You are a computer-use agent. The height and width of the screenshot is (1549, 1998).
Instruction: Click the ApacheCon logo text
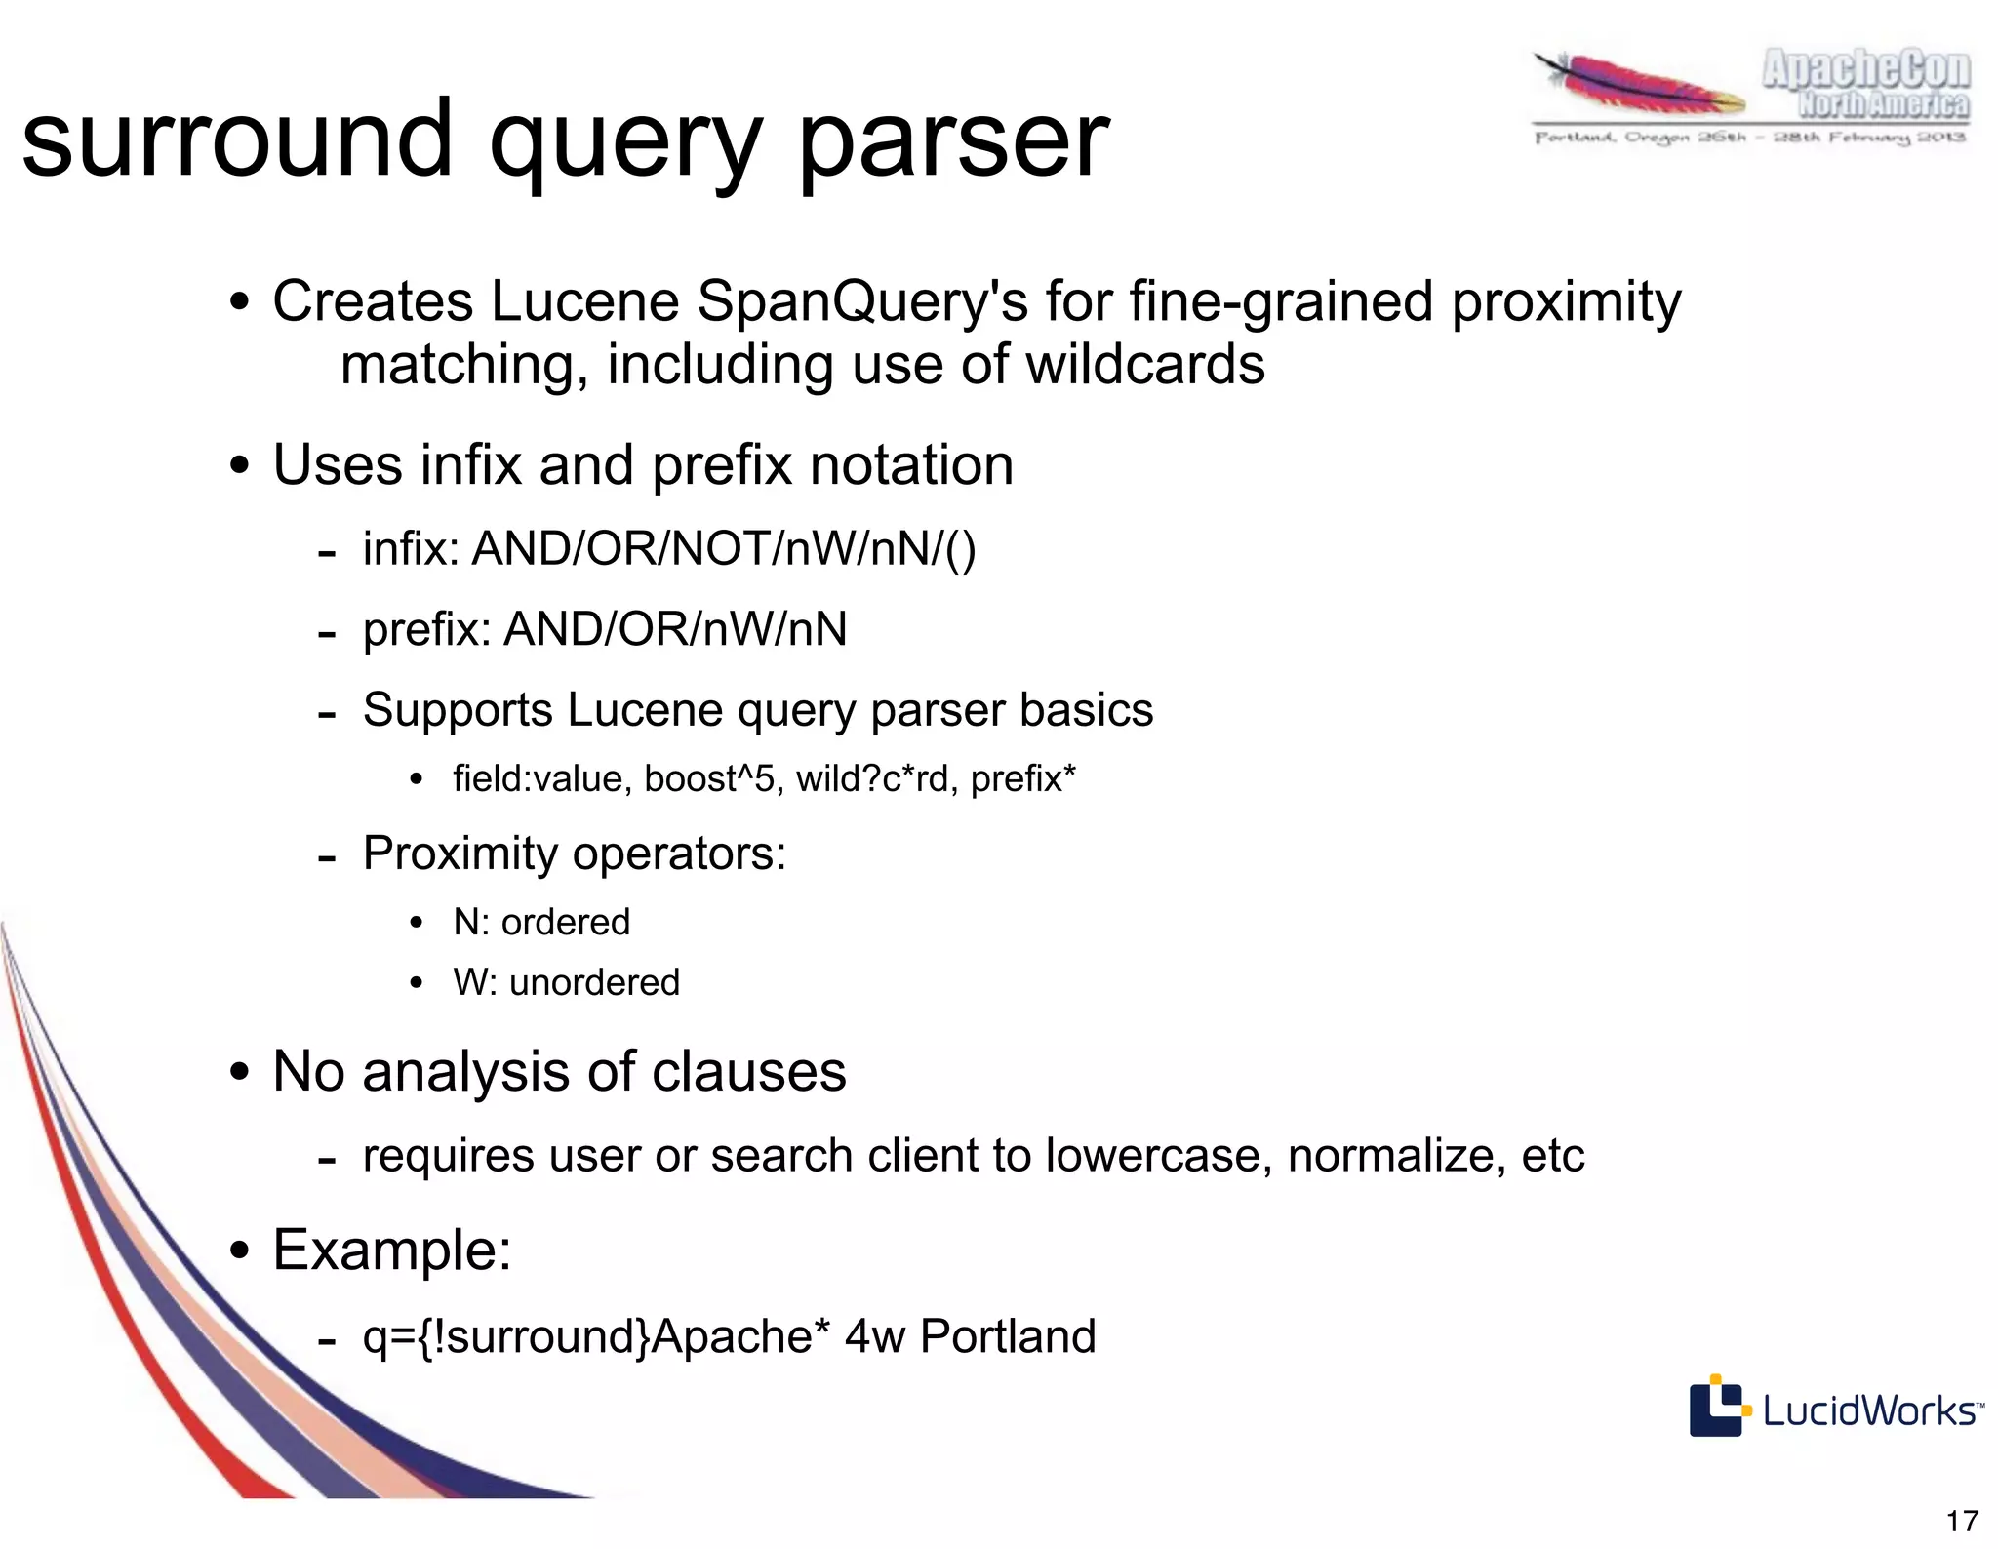click(1865, 70)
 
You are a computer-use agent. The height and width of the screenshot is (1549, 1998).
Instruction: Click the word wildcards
click(1145, 365)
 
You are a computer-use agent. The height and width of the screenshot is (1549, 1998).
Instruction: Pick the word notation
click(911, 464)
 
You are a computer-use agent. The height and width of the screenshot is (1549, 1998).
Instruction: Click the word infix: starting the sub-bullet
click(411, 548)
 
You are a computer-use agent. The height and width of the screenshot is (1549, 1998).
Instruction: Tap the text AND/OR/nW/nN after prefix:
click(675, 629)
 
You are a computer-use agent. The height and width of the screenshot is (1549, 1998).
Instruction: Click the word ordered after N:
click(566, 922)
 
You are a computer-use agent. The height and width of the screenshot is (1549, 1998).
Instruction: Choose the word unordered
click(594, 982)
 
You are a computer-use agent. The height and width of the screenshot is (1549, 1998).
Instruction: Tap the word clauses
click(748, 1071)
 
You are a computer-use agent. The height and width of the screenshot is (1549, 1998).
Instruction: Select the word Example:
click(392, 1250)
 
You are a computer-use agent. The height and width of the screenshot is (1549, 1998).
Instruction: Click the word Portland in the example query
click(1008, 1336)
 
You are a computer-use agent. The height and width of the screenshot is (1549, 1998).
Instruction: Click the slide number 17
click(1962, 1521)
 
